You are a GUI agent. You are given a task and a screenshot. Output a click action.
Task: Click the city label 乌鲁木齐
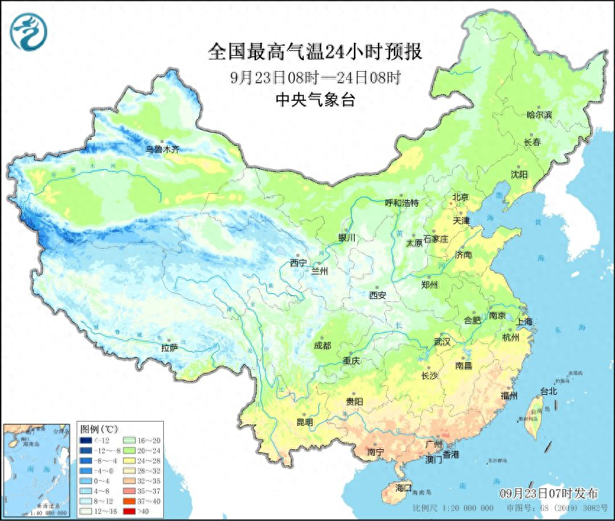tap(161, 149)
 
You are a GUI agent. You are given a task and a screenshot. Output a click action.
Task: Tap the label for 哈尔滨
tap(539, 115)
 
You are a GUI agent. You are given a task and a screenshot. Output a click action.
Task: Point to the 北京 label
tap(461, 197)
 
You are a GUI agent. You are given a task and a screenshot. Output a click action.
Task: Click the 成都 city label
tap(322, 346)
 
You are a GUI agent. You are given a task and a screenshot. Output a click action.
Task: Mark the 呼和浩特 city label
tap(401, 203)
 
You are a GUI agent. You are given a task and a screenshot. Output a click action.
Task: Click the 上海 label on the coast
tap(524, 321)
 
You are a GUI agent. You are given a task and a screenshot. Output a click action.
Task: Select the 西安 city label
tap(378, 295)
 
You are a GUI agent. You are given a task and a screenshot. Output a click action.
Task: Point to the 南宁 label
tap(375, 451)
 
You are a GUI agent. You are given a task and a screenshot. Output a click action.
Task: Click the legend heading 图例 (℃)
tap(99, 430)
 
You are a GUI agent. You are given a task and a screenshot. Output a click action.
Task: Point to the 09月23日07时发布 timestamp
tap(553, 493)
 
